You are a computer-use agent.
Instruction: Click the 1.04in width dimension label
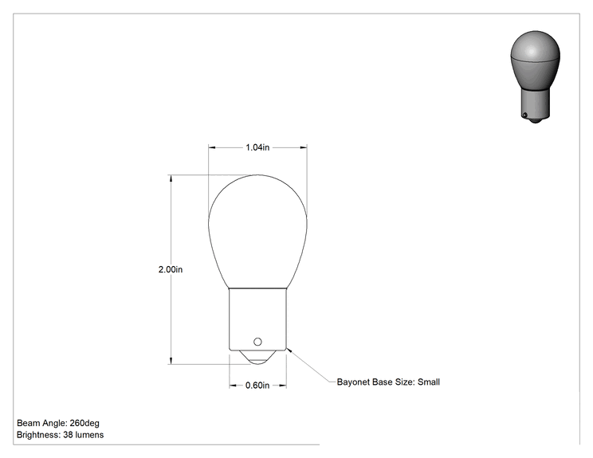click(x=257, y=147)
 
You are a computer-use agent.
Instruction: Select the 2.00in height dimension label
click(x=171, y=269)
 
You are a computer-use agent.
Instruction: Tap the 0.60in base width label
click(x=257, y=386)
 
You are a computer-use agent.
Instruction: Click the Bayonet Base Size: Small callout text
click(x=388, y=382)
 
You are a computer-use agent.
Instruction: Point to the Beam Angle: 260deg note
click(x=58, y=423)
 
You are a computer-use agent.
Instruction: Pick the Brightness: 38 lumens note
click(x=60, y=435)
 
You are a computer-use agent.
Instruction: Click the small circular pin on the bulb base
click(x=257, y=342)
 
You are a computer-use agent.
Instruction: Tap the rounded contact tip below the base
click(x=257, y=358)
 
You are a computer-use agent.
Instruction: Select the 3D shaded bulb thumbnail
click(x=535, y=77)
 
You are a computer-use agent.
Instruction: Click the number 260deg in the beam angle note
click(x=84, y=423)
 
